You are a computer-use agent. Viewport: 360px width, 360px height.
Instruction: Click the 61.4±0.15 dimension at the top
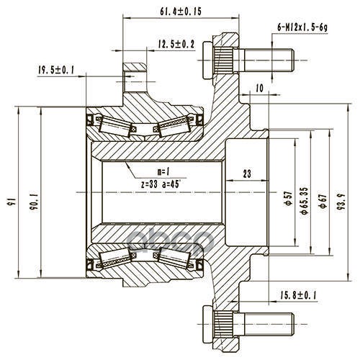(181, 12)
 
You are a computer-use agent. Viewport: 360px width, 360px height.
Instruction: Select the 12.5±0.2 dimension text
(176, 44)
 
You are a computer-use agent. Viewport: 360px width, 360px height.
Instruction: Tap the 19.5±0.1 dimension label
(56, 70)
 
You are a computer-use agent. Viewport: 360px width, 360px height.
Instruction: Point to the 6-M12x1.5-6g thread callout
(302, 27)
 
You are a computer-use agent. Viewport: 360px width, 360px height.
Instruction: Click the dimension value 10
(260, 88)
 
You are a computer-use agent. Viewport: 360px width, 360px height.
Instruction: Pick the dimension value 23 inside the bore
(247, 174)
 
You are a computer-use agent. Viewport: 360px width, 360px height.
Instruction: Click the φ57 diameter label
(289, 198)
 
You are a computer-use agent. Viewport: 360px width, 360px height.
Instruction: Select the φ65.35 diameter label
(305, 200)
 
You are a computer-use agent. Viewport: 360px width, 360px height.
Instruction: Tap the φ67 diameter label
(323, 200)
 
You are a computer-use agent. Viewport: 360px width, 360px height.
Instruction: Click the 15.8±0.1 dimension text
(298, 294)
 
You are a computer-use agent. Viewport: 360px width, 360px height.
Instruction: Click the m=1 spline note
(163, 171)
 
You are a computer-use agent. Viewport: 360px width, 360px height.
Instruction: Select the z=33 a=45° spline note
(161, 184)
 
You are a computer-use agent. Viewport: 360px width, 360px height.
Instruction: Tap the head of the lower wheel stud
(208, 325)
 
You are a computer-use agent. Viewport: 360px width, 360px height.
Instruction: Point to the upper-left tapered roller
(114, 126)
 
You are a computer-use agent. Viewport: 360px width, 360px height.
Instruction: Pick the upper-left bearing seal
(91, 120)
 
